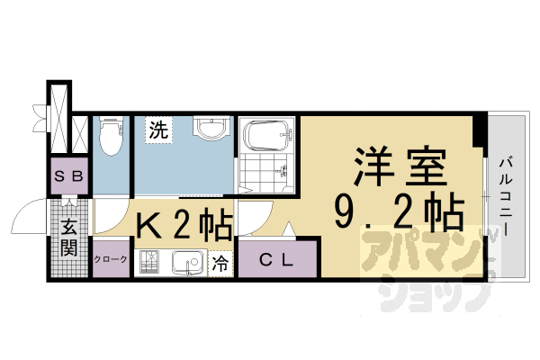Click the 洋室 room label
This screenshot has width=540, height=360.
click(400, 166)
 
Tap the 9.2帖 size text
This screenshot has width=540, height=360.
click(400, 211)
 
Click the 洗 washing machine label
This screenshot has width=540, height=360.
click(158, 130)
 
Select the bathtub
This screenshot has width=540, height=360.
click(268, 135)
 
